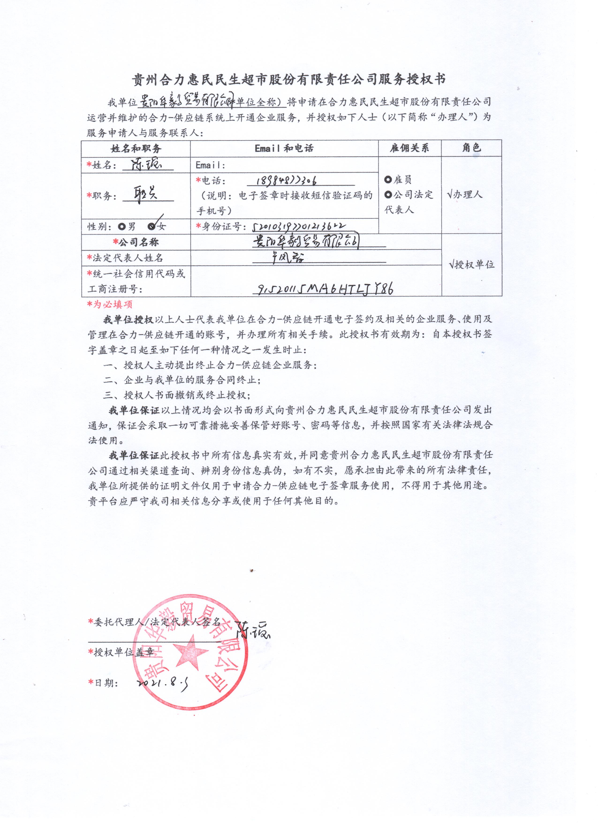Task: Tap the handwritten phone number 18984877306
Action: [x=286, y=180]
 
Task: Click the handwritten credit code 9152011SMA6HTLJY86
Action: [x=325, y=289]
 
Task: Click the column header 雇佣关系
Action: [x=409, y=148]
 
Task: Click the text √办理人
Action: [x=465, y=195]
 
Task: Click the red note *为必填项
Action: [x=110, y=304]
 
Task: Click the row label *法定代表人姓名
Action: [x=125, y=258]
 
